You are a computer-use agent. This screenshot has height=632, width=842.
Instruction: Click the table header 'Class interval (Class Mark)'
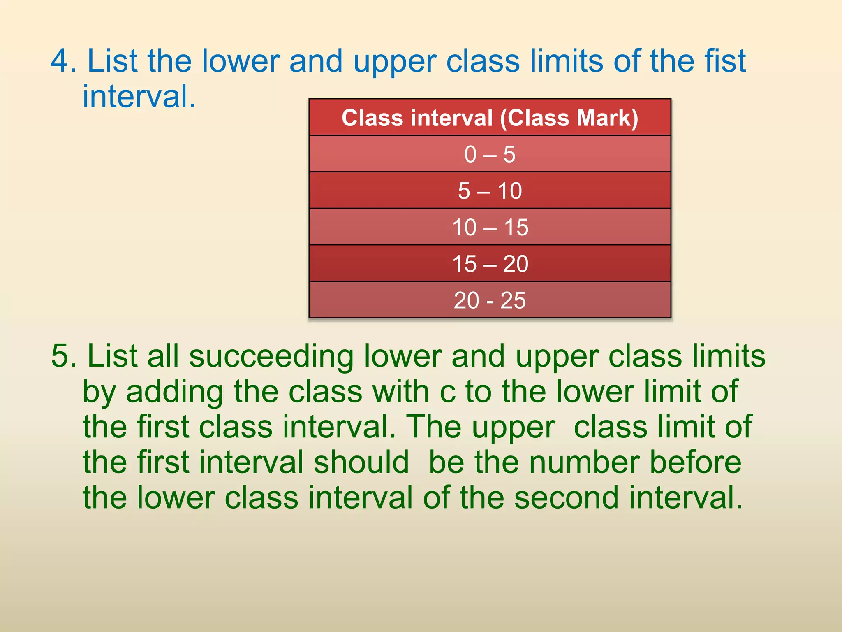[490, 118]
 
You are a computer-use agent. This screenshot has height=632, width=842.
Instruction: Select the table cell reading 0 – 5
[490, 154]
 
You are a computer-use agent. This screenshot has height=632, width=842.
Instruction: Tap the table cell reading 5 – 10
[490, 191]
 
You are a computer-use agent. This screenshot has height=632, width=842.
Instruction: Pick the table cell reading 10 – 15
[490, 227]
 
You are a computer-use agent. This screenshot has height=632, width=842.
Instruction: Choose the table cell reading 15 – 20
[490, 264]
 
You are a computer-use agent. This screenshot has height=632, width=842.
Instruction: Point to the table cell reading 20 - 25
[490, 300]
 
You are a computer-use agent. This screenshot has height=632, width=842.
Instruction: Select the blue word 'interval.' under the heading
[139, 96]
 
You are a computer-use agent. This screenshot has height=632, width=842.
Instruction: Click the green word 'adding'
[175, 392]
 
